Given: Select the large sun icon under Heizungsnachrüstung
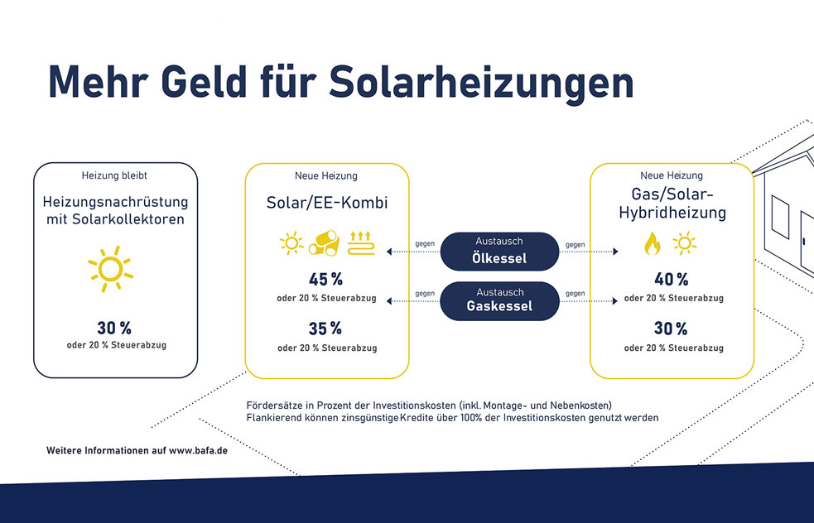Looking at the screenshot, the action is pyautogui.click(x=110, y=269).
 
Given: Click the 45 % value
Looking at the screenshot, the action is pyautogui.click(x=325, y=280).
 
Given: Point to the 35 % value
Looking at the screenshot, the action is pyautogui.click(x=325, y=329).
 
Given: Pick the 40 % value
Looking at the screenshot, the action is pyautogui.click(x=672, y=280).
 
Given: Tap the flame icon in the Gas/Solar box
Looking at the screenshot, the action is pyautogui.click(x=653, y=243).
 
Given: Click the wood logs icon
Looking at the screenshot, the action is pyautogui.click(x=324, y=242).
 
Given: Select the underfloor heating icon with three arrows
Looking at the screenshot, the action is pyautogui.click(x=361, y=242).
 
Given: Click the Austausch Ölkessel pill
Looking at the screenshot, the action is pyautogui.click(x=499, y=251).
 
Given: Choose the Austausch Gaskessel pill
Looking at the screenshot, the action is pyautogui.click(x=499, y=301).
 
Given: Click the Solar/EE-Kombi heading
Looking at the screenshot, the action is pyautogui.click(x=327, y=203).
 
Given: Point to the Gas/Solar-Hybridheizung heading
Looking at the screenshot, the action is pyautogui.click(x=672, y=204).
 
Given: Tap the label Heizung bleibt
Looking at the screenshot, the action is pyautogui.click(x=114, y=175).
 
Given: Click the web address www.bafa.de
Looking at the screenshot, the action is pyautogui.click(x=198, y=450).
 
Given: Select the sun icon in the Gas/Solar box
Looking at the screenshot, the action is pyautogui.click(x=685, y=243).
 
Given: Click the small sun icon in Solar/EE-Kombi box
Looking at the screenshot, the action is pyautogui.click(x=291, y=242).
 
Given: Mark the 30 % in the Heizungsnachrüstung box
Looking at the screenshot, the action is pyautogui.click(x=114, y=329).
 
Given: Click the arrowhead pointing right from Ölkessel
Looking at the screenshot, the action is pyautogui.click(x=616, y=252).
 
